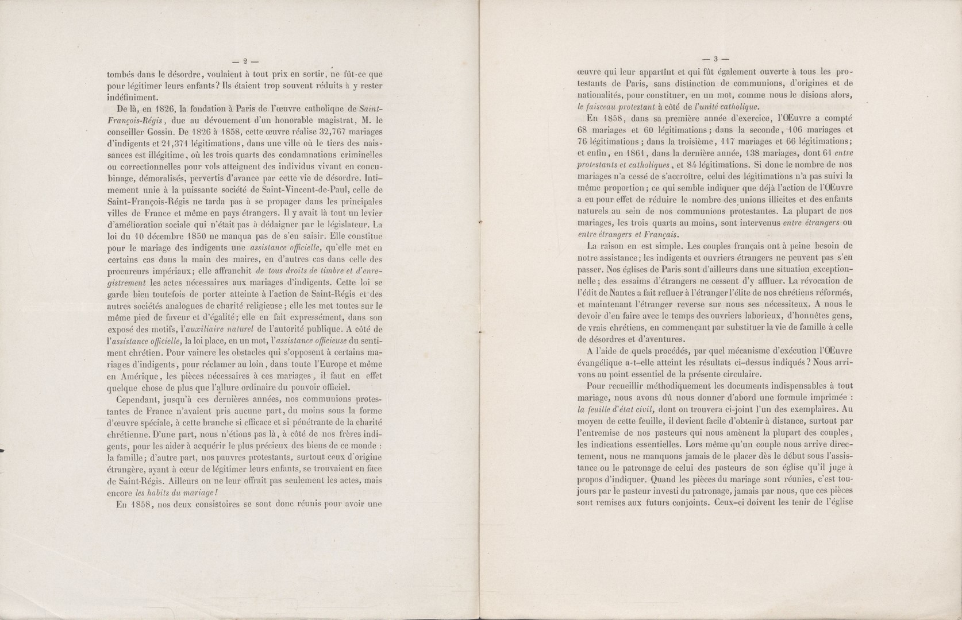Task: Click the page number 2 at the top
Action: tap(244, 59)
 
